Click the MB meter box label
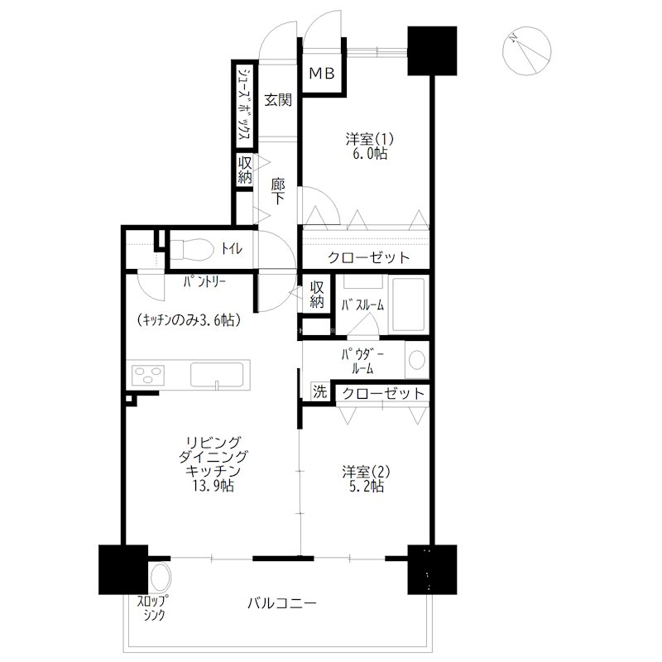(x=322, y=74)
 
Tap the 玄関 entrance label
(x=278, y=100)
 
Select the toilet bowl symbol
(x=192, y=249)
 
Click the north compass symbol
(x=526, y=50)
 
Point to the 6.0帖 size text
(x=370, y=154)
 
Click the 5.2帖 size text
(x=367, y=487)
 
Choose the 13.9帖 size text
(x=213, y=486)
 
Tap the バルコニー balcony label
(x=282, y=603)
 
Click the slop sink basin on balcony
(x=160, y=577)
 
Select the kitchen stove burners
(x=148, y=375)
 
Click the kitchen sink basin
(x=217, y=374)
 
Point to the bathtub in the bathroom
(x=408, y=304)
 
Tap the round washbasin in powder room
(x=417, y=360)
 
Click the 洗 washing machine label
(x=319, y=391)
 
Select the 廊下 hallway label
(x=278, y=191)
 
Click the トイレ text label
(x=232, y=249)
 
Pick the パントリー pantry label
(x=205, y=281)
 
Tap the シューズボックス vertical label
(x=244, y=104)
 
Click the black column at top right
(x=432, y=51)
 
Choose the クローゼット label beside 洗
(x=382, y=394)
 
